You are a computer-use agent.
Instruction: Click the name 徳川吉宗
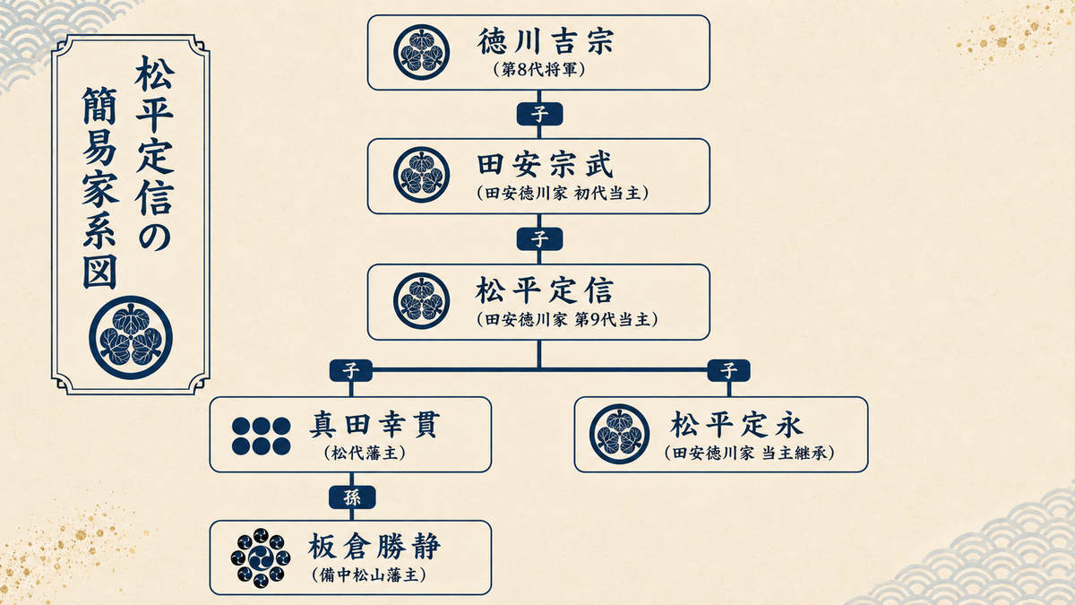(x=546, y=41)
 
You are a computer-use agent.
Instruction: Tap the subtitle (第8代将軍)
(x=539, y=70)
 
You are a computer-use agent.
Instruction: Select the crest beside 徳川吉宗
(x=421, y=52)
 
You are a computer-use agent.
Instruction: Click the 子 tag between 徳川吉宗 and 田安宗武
(x=539, y=115)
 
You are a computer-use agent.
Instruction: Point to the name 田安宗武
(x=546, y=165)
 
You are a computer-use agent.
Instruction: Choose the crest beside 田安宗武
(x=421, y=175)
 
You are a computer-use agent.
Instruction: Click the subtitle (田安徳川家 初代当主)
(x=563, y=194)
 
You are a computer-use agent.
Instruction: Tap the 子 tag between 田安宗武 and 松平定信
(x=539, y=239)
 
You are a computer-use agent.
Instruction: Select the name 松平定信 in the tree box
(x=545, y=290)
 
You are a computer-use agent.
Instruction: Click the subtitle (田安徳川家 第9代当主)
(x=567, y=320)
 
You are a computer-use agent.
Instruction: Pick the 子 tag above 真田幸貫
(x=351, y=371)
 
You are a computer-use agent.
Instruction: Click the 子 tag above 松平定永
(x=728, y=371)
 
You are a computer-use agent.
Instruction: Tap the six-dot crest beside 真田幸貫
(x=261, y=436)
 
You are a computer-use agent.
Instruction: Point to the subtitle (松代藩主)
(x=365, y=453)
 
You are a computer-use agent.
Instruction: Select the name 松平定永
(x=736, y=425)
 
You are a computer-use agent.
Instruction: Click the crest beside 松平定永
(x=619, y=434)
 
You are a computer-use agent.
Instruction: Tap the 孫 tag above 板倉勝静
(x=352, y=497)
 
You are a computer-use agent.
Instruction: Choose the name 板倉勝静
(x=374, y=547)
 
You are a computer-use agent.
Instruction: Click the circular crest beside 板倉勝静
(x=261, y=557)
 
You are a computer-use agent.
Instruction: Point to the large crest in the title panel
(x=131, y=338)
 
